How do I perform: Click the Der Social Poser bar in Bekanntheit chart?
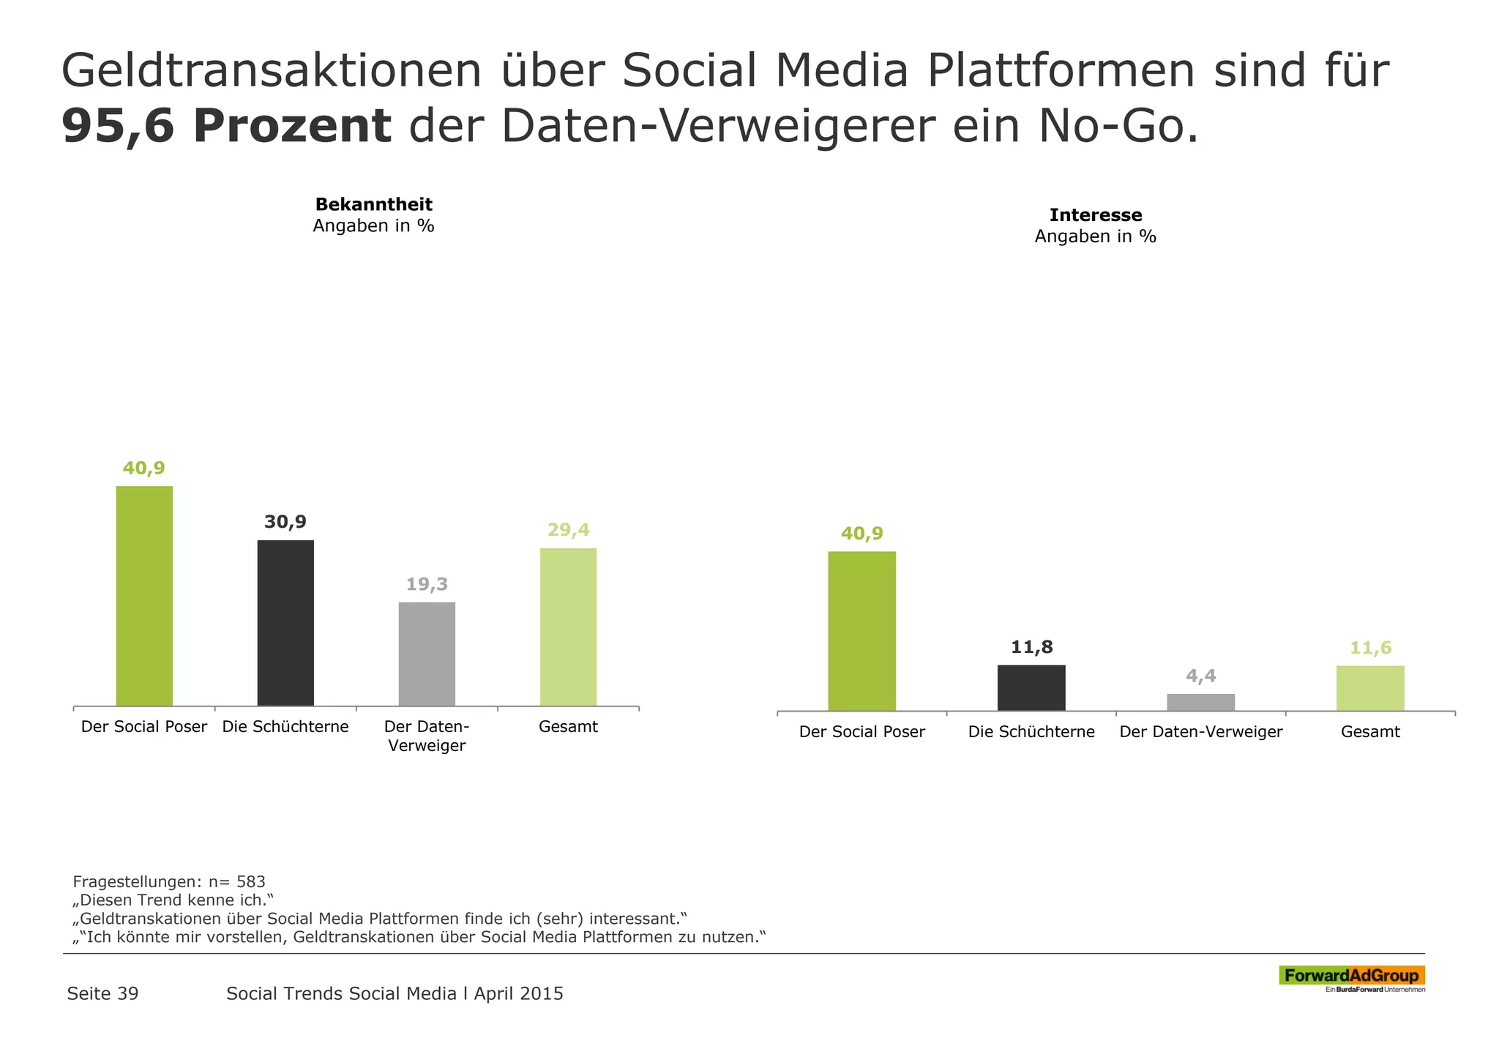(x=144, y=596)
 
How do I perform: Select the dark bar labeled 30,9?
(x=285, y=623)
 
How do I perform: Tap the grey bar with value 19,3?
(x=427, y=654)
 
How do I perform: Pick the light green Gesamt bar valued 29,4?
(x=568, y=627)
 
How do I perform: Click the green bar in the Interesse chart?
(x=861, y=631)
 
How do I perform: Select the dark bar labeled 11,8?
(x=1031, y=687)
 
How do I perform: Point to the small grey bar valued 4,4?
(x=1200, y=702)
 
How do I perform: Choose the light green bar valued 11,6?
(x=1370, y=688)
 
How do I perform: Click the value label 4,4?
(x=1201, y=676)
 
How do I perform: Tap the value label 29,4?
(x=568, y=530)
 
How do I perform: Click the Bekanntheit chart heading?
(x=373, y=204)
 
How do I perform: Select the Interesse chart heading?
(x=1095, y=215)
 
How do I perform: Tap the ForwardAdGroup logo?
(x=1351, y=977)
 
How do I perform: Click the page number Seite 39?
(x=102, y=993)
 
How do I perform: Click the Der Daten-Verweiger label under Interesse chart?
(x=1200, y=732)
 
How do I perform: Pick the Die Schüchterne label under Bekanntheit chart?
(x=285, y=727)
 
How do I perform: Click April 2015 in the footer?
(x=518, y=993)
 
